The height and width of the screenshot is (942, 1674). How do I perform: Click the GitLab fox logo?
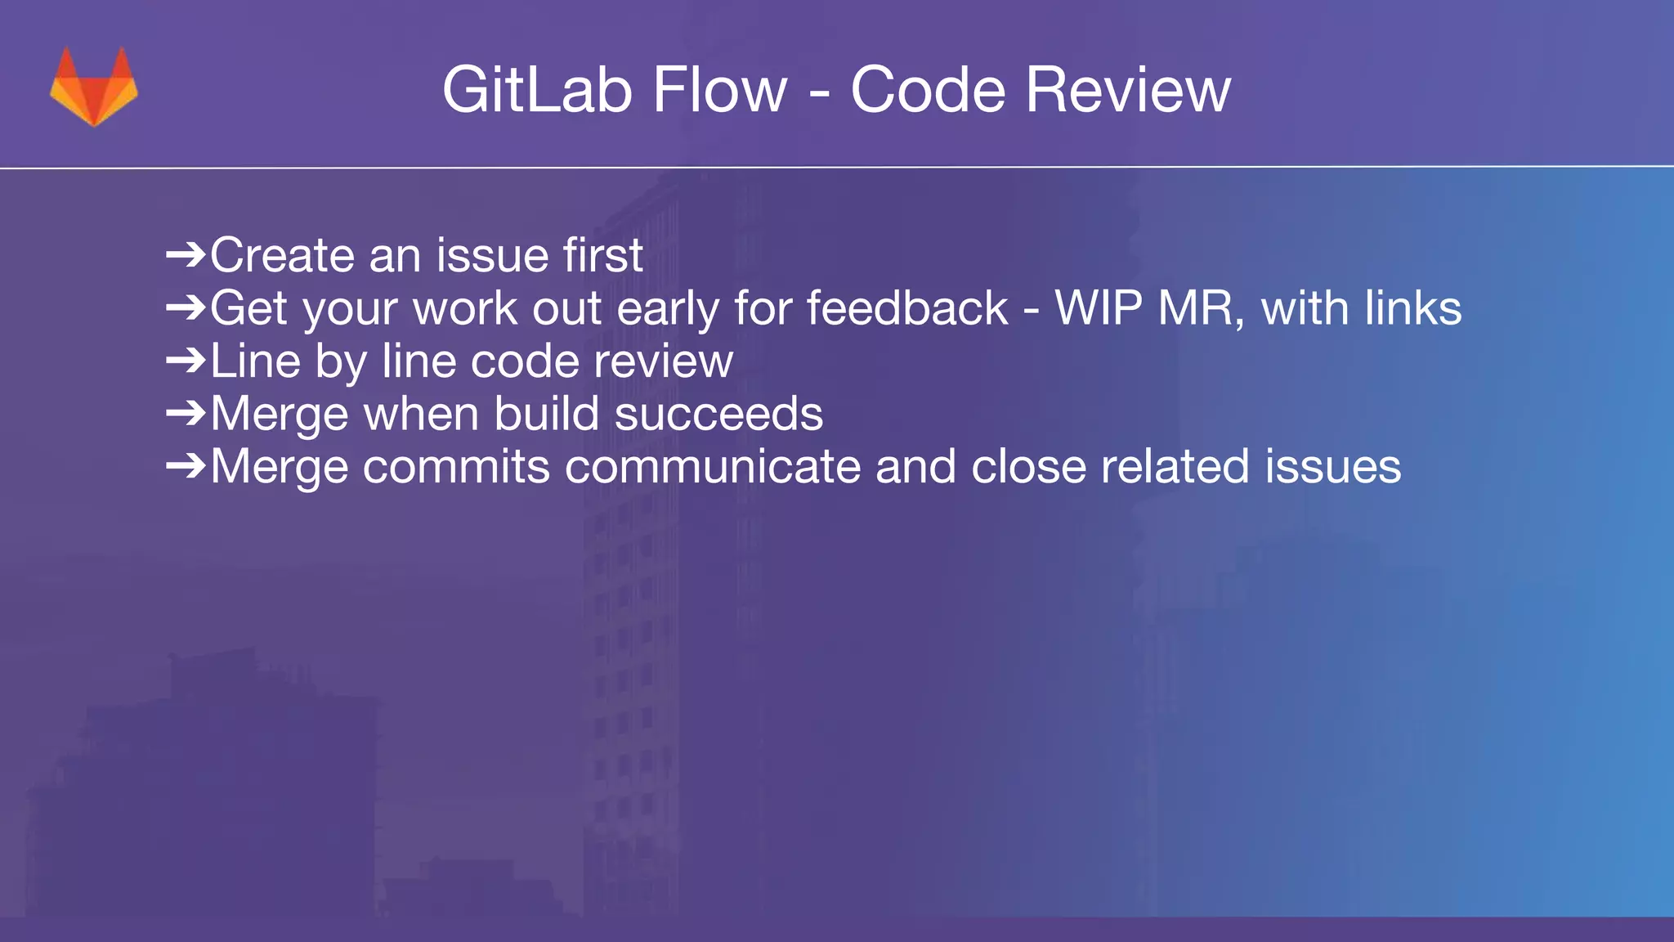(x=94, y=87)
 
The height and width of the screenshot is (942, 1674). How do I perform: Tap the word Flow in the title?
(x=719, y=90)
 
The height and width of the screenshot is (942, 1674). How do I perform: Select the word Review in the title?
(x=1127, y=90)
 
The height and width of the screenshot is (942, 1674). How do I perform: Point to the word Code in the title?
(x=928, y=90)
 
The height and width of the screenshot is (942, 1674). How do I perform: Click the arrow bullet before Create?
(x=186, y=256)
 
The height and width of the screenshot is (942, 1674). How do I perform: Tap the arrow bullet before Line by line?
(x=186, y=361)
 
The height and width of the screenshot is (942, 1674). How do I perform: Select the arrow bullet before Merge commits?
(x=186, y=466)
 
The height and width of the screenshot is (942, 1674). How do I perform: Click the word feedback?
(x=907, y=309)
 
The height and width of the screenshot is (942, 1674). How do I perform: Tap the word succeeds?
(x=718, y=415)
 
